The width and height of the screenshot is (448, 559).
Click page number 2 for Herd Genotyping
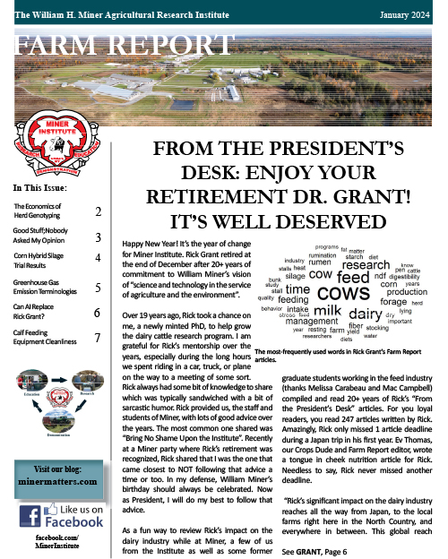click(x=98, y=213)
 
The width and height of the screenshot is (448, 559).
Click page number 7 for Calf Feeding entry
click(x=98, y=339)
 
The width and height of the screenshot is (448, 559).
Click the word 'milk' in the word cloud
click(x=327, y=311)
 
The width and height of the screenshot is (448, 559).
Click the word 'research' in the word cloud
click(x=366, y=265)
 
